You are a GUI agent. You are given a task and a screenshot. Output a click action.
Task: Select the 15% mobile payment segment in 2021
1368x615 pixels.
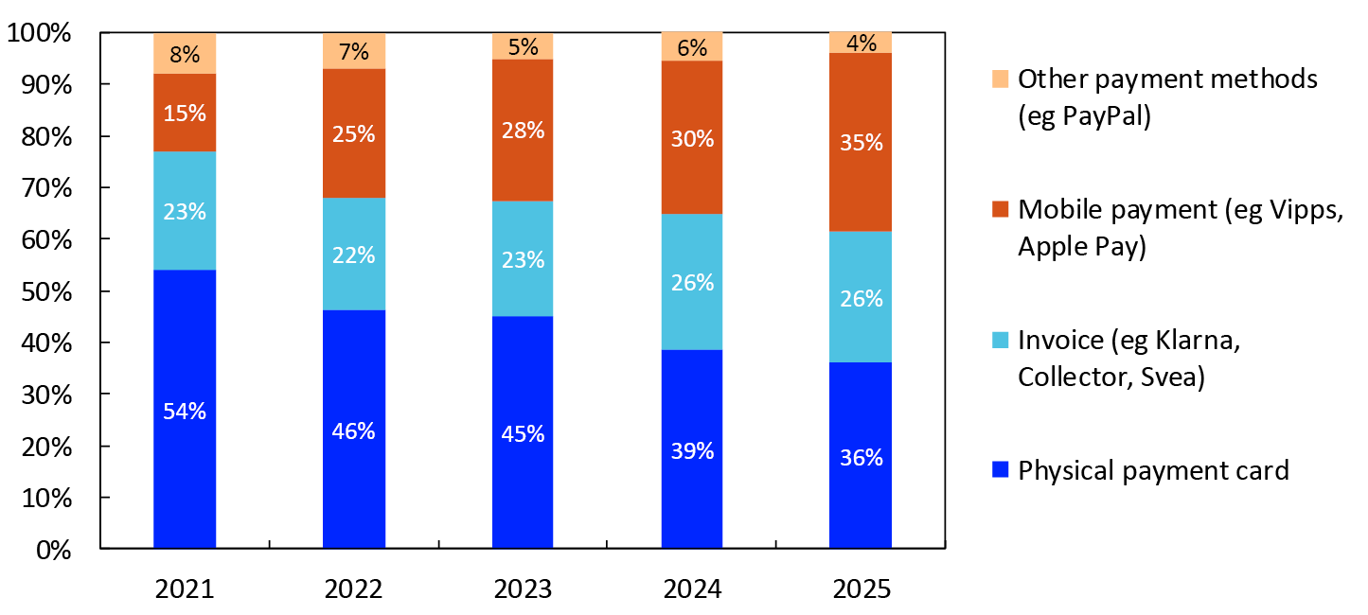[x=185, y=113]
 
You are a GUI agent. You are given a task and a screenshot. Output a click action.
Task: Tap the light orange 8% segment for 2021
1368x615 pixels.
[x=185, y=54]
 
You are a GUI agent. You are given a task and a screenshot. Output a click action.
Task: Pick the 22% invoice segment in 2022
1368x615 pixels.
[x=354, y=254]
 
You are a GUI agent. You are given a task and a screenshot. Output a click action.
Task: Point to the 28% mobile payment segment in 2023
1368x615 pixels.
[x=523, y=131]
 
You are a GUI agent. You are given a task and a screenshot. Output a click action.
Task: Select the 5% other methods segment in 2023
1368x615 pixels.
[x=523, y=45]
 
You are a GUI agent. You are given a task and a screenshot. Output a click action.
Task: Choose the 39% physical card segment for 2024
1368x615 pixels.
[x=692, y=449]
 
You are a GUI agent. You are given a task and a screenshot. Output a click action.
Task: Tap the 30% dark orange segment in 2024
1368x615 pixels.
[x=692, y=137]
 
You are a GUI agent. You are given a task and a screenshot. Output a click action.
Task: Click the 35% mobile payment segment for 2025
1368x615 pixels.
[x=861, y=143]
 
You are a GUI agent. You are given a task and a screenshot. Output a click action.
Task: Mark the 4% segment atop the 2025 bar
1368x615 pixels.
[x=861, y=43]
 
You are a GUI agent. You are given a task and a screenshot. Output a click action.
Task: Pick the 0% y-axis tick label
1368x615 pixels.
[x=53, y=550]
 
